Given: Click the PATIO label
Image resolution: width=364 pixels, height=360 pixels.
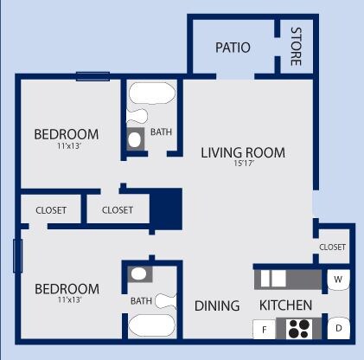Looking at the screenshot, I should tap(233, 48).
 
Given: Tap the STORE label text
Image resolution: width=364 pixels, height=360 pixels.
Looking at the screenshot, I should tap(296, 47).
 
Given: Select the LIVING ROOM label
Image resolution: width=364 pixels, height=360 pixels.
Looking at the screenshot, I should tap(243, 153).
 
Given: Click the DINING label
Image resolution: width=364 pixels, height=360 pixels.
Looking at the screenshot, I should tap(216, 305).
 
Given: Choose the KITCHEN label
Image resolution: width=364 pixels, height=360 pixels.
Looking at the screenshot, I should tap(285, 305).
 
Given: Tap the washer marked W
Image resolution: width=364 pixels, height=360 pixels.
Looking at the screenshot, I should tap(338, 280).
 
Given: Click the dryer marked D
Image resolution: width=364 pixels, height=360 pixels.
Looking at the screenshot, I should tap(339, 328).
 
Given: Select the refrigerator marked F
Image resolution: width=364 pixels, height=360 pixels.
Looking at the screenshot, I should tap(262, 329).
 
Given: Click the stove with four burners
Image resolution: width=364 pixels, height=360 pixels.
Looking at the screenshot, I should tap(299, 329).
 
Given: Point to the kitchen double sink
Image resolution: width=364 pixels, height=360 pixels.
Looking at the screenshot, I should tap(273, 279).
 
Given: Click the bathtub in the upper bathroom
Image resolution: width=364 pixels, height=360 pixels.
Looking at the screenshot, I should tap(152, 93).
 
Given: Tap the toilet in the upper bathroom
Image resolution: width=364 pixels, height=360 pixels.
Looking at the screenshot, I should tap(136, 138).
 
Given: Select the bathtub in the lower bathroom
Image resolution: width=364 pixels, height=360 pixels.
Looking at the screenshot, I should tap(153, 327).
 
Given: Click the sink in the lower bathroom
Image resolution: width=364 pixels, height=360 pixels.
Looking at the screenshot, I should tap(138, 274).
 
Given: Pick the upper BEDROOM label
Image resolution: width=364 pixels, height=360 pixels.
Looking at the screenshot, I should tap(66, 134).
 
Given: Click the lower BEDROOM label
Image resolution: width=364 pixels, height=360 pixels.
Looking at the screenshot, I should tap(66, 288).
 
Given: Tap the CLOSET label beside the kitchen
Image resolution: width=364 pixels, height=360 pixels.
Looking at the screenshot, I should tap(332, 247).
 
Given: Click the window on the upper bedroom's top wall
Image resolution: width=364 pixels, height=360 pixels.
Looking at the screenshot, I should tap(93, 76).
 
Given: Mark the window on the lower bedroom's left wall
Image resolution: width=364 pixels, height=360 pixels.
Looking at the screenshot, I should tap(16, 256).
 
